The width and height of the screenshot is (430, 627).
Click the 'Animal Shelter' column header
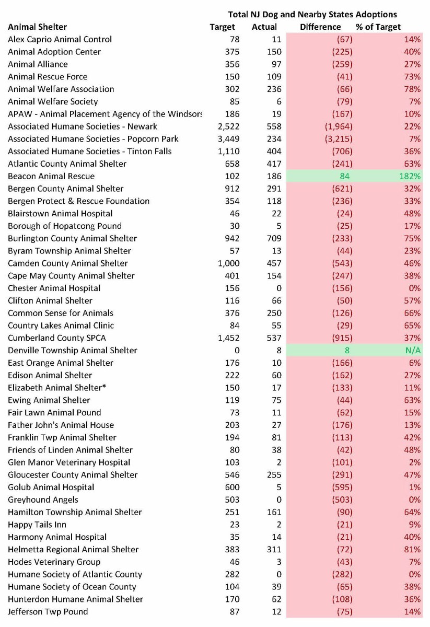[x=37, y=27]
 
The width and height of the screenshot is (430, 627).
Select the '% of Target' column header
[x=378, y=27]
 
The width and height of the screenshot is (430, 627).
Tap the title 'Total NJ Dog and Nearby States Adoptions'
[x=312, y=15]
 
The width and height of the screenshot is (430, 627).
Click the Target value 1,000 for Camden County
[x=228, y=263]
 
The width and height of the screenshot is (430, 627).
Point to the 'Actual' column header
[x=264, y=27]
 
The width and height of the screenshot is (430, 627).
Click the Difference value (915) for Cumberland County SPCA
[x=342, y=338]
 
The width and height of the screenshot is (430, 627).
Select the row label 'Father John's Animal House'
[x=61, y=425]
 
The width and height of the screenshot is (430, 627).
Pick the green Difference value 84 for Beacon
[x=344, y=176]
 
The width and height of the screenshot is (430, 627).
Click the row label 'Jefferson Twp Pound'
[x=48, y=611]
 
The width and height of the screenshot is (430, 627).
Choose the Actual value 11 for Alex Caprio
[x=276, y=39]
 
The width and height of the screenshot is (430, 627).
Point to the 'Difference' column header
[x=320, y=27]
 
